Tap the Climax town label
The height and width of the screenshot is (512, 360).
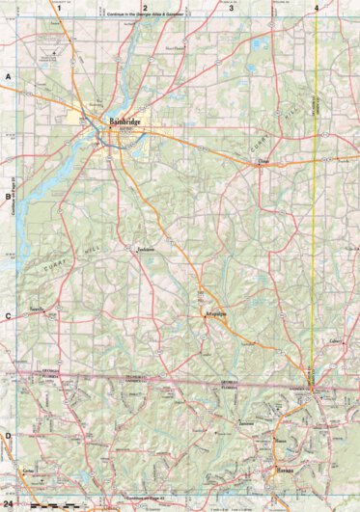pos(260,163)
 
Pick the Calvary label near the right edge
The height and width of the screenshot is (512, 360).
pos(336,341)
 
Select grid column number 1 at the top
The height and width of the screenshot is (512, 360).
pos(59,8)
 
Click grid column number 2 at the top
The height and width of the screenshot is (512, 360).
pos(145,8)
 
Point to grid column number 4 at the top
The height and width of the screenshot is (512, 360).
pos(316,8)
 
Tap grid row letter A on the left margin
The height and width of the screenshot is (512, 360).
pos(8,75)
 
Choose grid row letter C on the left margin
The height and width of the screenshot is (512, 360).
pos(8,315)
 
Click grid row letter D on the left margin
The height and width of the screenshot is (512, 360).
pos(8,436)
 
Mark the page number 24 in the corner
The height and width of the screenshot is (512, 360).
pos(9,504)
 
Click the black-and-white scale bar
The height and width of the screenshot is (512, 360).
pos(48,504)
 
